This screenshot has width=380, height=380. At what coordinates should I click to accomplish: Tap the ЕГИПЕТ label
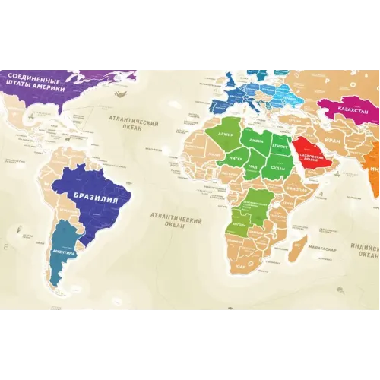279,141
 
